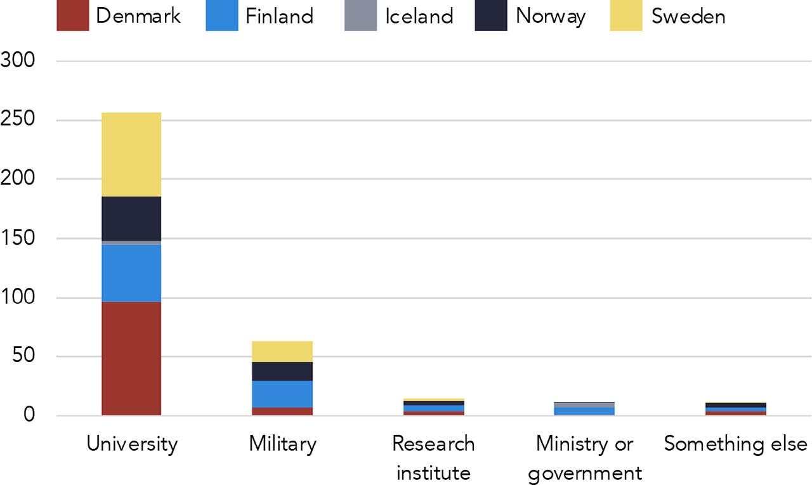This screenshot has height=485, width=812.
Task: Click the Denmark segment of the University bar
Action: coord(131,358)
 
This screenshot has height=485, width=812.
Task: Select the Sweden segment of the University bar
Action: coord(131,154)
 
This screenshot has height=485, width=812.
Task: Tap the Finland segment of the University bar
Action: coord(131,273)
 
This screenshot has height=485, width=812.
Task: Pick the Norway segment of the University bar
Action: coord(131,218)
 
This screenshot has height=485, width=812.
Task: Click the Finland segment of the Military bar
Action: coord(282,394)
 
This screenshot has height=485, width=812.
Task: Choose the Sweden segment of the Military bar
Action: coord(282,351)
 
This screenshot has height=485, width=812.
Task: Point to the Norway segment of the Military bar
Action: coord(282,371)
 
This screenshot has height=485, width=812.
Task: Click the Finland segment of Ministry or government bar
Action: coord(584,411)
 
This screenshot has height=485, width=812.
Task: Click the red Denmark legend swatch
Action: coord(73,15)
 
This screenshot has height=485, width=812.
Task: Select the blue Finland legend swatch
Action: coord(222,15)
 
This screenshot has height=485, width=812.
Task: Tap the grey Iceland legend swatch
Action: coord(360,15)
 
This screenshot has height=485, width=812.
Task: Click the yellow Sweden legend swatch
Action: coord(626,15)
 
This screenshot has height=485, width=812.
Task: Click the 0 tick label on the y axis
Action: coord(29,416)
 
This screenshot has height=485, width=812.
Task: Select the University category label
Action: coord(132,444)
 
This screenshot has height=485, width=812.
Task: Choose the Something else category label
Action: coord(735,444)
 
